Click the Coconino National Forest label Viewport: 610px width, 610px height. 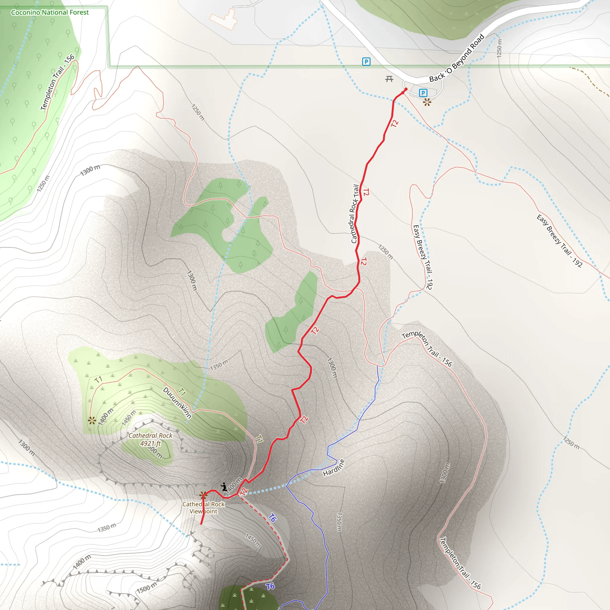coord(49,12)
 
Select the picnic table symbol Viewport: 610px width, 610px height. coord(389,79)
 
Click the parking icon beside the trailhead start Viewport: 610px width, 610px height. coord(423,93)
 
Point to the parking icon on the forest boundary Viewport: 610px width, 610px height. coord(366,62)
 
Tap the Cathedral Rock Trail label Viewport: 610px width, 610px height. coord(355,214)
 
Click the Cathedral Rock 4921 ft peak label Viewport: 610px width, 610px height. coord(150,439)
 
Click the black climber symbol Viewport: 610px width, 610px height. coord(224,487)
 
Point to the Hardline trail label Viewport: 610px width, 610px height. coord(334,468)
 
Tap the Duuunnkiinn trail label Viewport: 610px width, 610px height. coord(177,403)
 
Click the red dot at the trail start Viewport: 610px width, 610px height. coord(406,89)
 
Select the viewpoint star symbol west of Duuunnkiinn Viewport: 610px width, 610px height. coord(92,420)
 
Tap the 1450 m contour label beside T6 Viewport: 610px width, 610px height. coord(253,541)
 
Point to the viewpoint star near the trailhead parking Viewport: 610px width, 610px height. coord(427,102)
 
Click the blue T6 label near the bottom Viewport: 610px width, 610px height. coord(270,586)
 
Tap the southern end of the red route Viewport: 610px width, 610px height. coord(201,524)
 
